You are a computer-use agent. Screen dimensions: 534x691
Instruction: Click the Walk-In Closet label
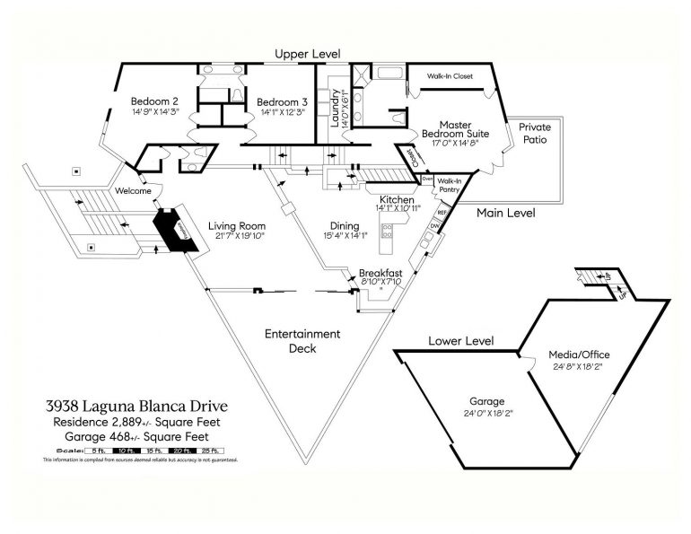(450, 76)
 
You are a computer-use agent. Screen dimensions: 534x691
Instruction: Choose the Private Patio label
(534, 134)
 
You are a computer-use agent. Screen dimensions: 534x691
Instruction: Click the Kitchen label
(396, 199)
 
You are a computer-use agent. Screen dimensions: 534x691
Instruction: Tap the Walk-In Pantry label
(449, 184)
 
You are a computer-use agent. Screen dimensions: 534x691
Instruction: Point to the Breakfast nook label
(380, 273)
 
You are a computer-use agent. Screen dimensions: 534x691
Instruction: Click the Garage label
(487, 401)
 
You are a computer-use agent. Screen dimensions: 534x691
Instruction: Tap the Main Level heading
(505, 213)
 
